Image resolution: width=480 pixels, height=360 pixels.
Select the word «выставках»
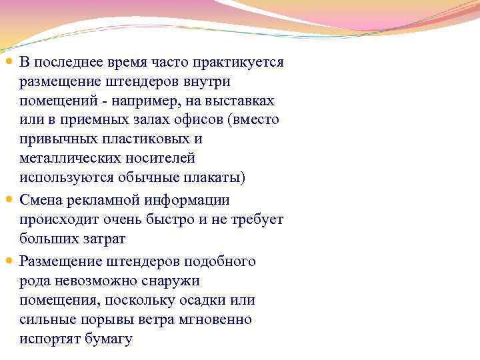(x=241, y=101)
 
